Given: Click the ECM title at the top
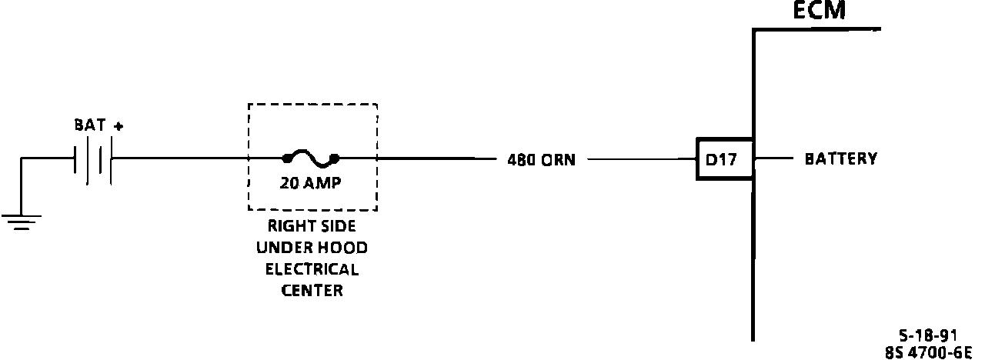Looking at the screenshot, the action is [819, 11].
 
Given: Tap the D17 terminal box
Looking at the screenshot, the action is [723, 160].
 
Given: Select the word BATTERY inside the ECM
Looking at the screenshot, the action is [840, 159].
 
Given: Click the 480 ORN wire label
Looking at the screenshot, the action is [541, 161].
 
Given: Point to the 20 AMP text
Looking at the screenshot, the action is [311, 184].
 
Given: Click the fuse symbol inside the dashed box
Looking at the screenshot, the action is [311, 159].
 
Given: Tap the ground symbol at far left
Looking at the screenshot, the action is [21, 222].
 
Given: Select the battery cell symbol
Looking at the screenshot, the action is [94, 160].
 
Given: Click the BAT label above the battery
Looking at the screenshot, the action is [89, 125].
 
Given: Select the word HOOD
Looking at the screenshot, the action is [344, 248].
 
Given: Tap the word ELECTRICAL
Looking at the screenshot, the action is [312, 269].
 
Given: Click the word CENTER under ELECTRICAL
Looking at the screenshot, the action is [312, 291].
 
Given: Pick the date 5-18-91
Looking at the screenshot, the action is [927, 335].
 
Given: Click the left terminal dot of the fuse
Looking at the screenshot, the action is [287, 159].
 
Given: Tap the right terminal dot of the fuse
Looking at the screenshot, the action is [335, 159].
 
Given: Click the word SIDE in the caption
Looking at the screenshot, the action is [338, 227].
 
